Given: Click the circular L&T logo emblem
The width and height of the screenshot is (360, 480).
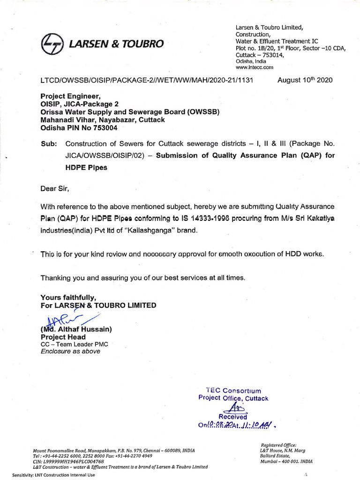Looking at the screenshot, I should coord(52,44).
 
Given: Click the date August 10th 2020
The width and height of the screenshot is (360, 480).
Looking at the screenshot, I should coord(305,80).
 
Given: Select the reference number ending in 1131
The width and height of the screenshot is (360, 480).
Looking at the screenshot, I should coord(147,80).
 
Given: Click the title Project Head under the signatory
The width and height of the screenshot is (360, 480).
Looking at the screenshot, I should coord(63,337).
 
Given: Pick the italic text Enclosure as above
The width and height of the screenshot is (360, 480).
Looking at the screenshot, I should coord(71,351).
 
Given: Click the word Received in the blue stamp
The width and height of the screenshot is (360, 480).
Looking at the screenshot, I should coord(233,416).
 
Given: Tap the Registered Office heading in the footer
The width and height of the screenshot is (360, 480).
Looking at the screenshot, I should coord(278,445).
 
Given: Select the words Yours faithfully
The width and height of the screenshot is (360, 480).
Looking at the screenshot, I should coord(68,298).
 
